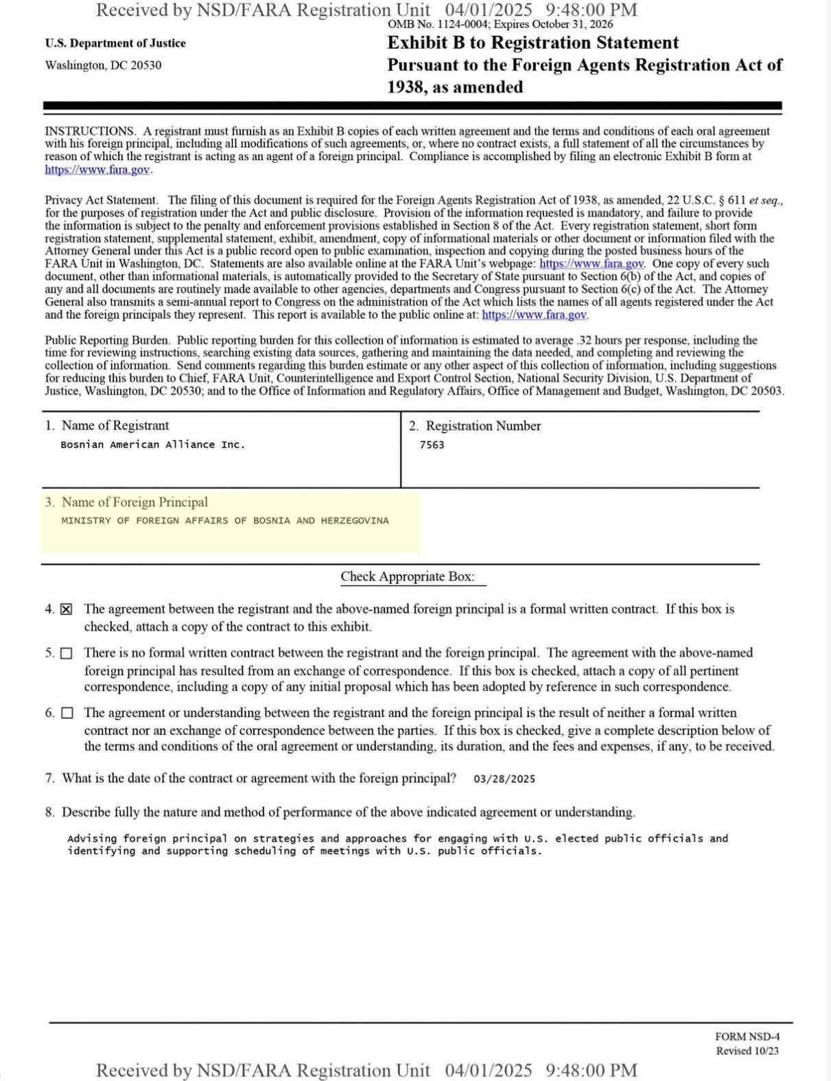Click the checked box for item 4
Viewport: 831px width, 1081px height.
pyautogui.click(x=66, y=610)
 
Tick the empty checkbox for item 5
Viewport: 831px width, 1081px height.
pyautogui.click(x=66, y=654)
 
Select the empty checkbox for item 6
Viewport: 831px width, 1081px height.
pyautogui.click(x=66, y=714)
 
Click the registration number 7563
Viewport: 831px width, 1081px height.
pyautogui.click(x=432, y=445)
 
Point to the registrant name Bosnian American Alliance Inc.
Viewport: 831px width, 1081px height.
pyautogui.click(x=152, y=444)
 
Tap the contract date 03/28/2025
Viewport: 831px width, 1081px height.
pyautogui.click(x=504, y=780)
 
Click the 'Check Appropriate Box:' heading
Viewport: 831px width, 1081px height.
pyautogui.click(x=408, y=577)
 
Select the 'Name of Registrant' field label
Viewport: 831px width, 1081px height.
pyautogui.click(x=115, y=426)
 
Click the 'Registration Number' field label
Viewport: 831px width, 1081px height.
pyautogui.click(x=483, y=426)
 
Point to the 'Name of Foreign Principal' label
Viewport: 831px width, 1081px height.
pyautogui.click(x=134, y=503)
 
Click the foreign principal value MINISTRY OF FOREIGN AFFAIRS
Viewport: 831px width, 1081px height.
pyautogui.click(x=224, y=521)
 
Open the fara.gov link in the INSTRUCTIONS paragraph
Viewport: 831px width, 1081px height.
pyautogui.click(x=97, y=170)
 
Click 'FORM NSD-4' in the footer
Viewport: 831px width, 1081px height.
pyautogui.click(x=747, y=1037)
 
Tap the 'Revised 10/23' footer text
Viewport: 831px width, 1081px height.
pyautogui.click(x=747, y=1051)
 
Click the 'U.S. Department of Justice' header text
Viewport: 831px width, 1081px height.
pyautogui.click(x=115, y=43)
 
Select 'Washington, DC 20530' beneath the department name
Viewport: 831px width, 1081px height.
pyautogui.click(x=104, y=65)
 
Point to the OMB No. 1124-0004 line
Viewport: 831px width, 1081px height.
pyautogui.click(x=500, y=25)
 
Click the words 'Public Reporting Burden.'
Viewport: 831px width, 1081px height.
pyautogui.click(x=107, y=341)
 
